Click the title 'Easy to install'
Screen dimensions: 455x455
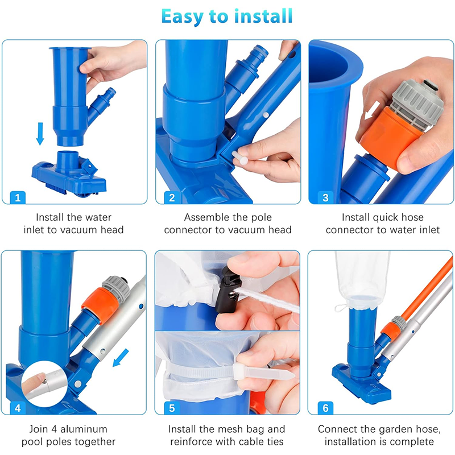[227, 16]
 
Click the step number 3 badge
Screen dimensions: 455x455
[325, 197]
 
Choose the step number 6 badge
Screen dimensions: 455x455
[325, 407]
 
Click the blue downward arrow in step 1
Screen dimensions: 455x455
[40, 134]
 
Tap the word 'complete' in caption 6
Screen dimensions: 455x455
[413, 442]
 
